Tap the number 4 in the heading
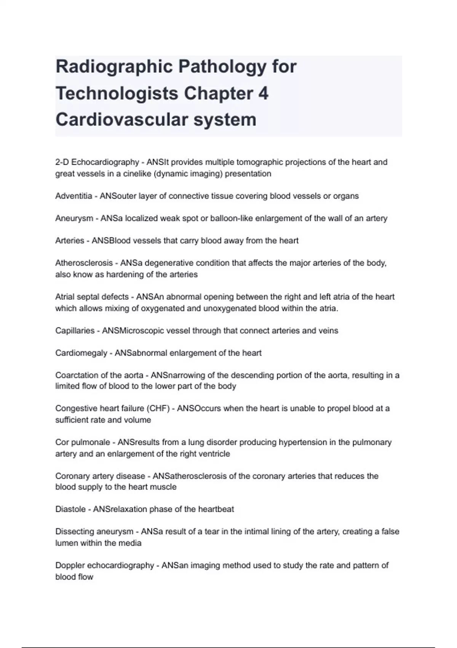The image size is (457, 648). click(x=263, y=93)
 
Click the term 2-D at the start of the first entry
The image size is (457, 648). click(x=62, y=162)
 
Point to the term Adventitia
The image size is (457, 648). click(x=74, y=196)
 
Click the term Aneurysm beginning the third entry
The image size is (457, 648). click(x=74, y=218)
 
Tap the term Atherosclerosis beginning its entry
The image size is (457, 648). click(x=84, y=263)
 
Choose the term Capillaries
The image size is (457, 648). click(x=74, y=330)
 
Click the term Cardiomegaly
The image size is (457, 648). click(x=81, y=353)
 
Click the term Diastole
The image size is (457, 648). click(x=70, y=509)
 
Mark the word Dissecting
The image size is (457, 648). click(x=75, y=531)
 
